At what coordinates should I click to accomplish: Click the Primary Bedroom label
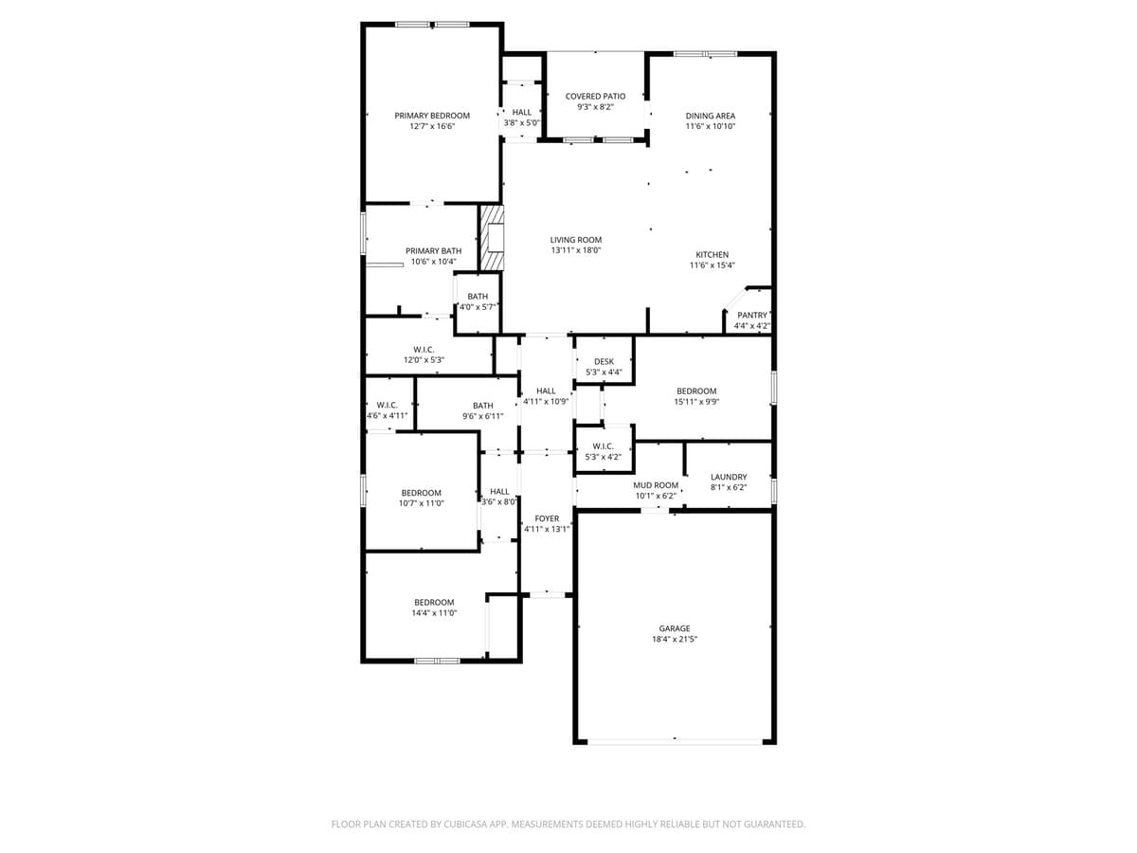tap(432, 116)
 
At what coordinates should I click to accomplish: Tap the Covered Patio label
tap(595, 96)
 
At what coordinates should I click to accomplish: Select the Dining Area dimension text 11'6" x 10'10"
tap(711, 126)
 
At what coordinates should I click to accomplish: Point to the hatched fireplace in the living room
tap(493, 237)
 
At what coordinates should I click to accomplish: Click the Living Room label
tap(576, 240)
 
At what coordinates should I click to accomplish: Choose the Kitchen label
tap(713, 254)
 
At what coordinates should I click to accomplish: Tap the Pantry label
tap(752, 315)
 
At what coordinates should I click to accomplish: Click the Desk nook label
tap(605, 361)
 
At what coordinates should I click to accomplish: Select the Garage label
tap(675, 627)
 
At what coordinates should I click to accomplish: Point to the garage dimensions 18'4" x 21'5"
tap(675, 640)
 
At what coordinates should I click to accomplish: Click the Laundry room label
tap(729, 477)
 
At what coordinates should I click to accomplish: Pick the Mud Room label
tap(656, 484)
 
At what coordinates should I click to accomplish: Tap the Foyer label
tap(547, 518)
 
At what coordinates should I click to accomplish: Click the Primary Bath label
tap(434, 251)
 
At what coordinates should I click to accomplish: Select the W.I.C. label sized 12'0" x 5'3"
tap(424, 350)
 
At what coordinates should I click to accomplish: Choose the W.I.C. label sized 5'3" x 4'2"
tap(604, 446)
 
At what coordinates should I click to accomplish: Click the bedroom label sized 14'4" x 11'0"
tap(434, 602)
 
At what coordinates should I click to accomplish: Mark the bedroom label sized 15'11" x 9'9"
tap(696, 390)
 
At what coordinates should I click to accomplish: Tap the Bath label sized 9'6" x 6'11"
tap(483, 406)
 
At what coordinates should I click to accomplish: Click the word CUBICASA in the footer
tap(465, 825)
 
